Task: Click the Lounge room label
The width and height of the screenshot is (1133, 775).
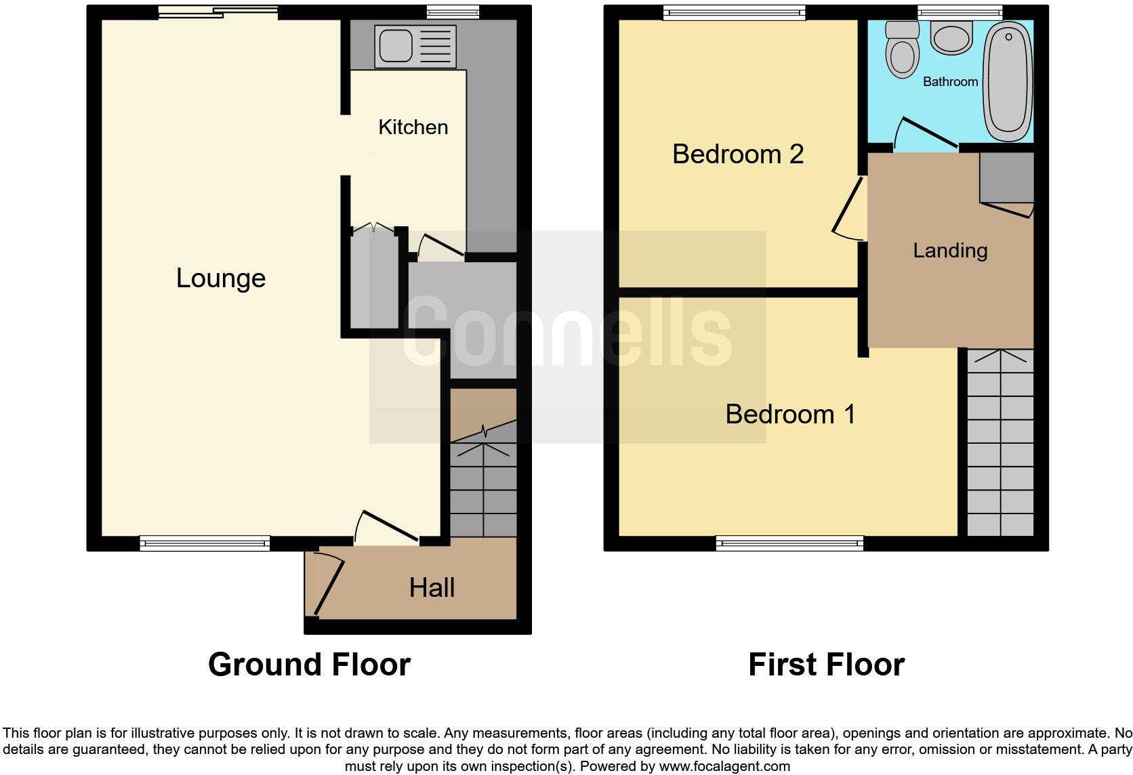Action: pos(220,278)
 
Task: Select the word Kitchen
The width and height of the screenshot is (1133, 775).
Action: pos(413,127)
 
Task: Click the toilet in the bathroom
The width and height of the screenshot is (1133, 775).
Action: pos(902,51)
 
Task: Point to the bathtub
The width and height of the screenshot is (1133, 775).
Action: pos(1008,80)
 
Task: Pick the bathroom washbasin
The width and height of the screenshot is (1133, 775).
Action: pos(951,37)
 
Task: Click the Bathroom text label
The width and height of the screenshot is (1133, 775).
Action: pos(950,82)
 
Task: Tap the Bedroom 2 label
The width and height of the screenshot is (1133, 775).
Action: pos(737,154)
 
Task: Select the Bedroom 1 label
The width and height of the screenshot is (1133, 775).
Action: pos(790,414)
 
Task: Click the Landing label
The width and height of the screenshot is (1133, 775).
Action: pos(949,251)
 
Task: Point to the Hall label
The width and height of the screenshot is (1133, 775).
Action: pos(432,587)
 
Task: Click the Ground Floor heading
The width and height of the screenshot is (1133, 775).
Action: pos(309,665)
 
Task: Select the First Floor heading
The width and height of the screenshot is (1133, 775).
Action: pos(826,665)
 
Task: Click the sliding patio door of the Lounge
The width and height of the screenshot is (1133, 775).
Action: pos(218,12)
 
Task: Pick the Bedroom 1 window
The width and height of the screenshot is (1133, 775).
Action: pos(789,543)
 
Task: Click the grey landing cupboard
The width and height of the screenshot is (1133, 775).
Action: pos(1006,176)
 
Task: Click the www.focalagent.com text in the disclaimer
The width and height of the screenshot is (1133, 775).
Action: pos(724,766)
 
